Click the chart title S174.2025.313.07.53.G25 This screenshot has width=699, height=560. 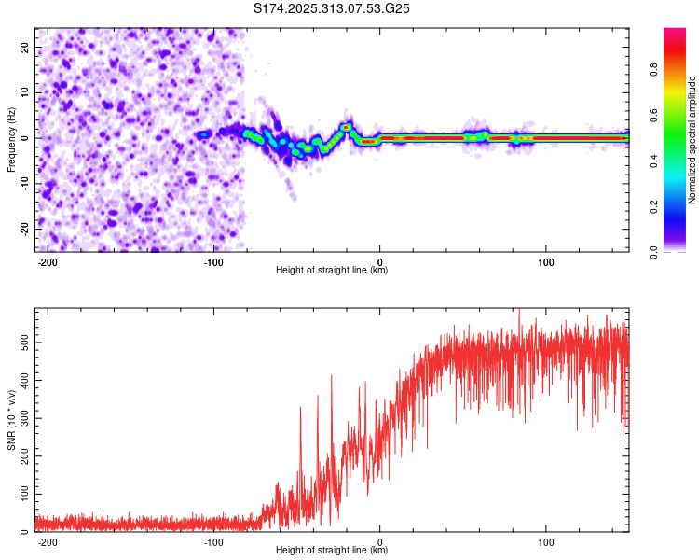[x=333, y=9]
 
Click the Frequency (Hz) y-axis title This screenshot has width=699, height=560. [x=11, y=139]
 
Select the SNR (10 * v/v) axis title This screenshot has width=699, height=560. [x=11, y=420]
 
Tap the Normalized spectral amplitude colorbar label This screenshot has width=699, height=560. [x=692, y=140]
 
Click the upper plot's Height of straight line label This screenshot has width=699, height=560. [x=332, y=270]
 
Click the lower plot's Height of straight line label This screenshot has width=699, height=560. [x=332, y=551]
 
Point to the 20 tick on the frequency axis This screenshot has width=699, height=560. [x=25, y=48]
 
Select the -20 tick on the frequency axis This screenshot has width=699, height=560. [x=23, y=229]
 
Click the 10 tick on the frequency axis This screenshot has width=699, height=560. [x=25, y=92]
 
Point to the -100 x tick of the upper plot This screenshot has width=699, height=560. [x=213, y=261]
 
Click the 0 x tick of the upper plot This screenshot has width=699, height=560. [x=379, y=261]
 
